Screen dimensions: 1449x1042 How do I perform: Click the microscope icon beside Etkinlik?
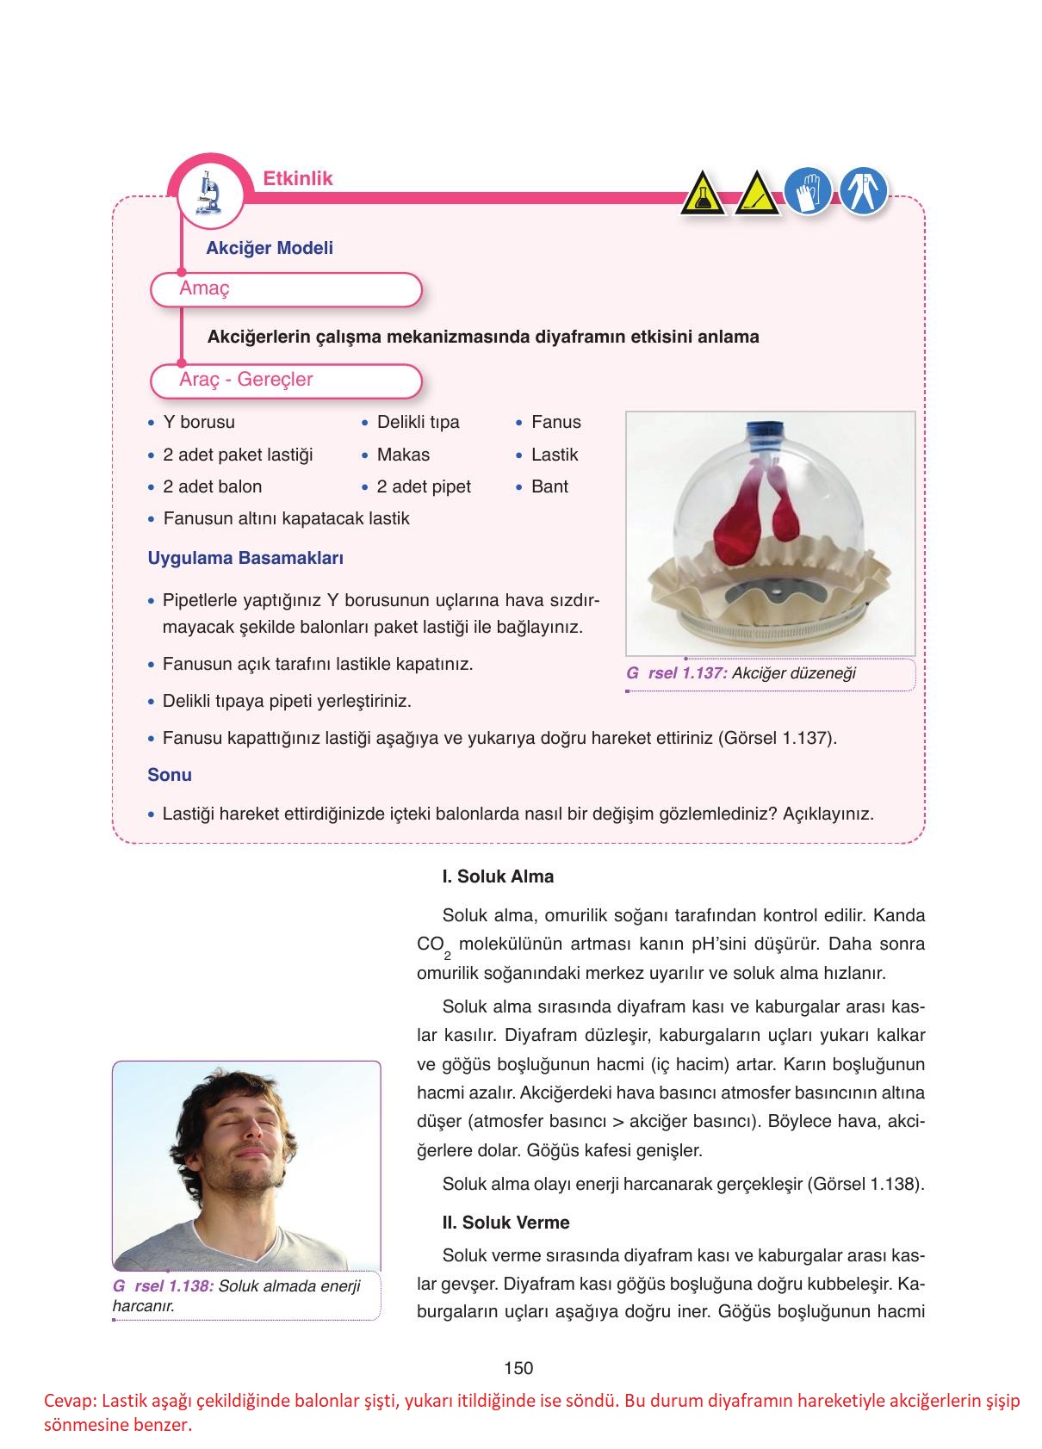[207, 193]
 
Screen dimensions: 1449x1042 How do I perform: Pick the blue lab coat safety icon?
[864, 191]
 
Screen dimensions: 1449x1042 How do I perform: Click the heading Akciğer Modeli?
[270, 248]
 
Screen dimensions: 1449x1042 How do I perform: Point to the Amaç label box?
[286, 289]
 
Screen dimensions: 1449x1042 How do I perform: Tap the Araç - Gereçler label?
[286, 381]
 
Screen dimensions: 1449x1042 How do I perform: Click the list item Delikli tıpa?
[418, 422]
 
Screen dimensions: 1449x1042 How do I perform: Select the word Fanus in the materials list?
[555, 422]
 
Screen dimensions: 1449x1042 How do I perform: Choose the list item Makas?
[403, 455]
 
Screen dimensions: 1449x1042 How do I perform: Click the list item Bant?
[549, 486]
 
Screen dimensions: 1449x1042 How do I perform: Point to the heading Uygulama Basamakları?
[245, 558]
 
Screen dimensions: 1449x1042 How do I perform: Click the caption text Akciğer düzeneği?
[793, 673]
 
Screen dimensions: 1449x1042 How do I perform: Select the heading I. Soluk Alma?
[498, 876]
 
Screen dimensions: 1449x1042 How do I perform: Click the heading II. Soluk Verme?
[505, 1223]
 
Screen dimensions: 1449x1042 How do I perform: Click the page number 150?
[518, 1368]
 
